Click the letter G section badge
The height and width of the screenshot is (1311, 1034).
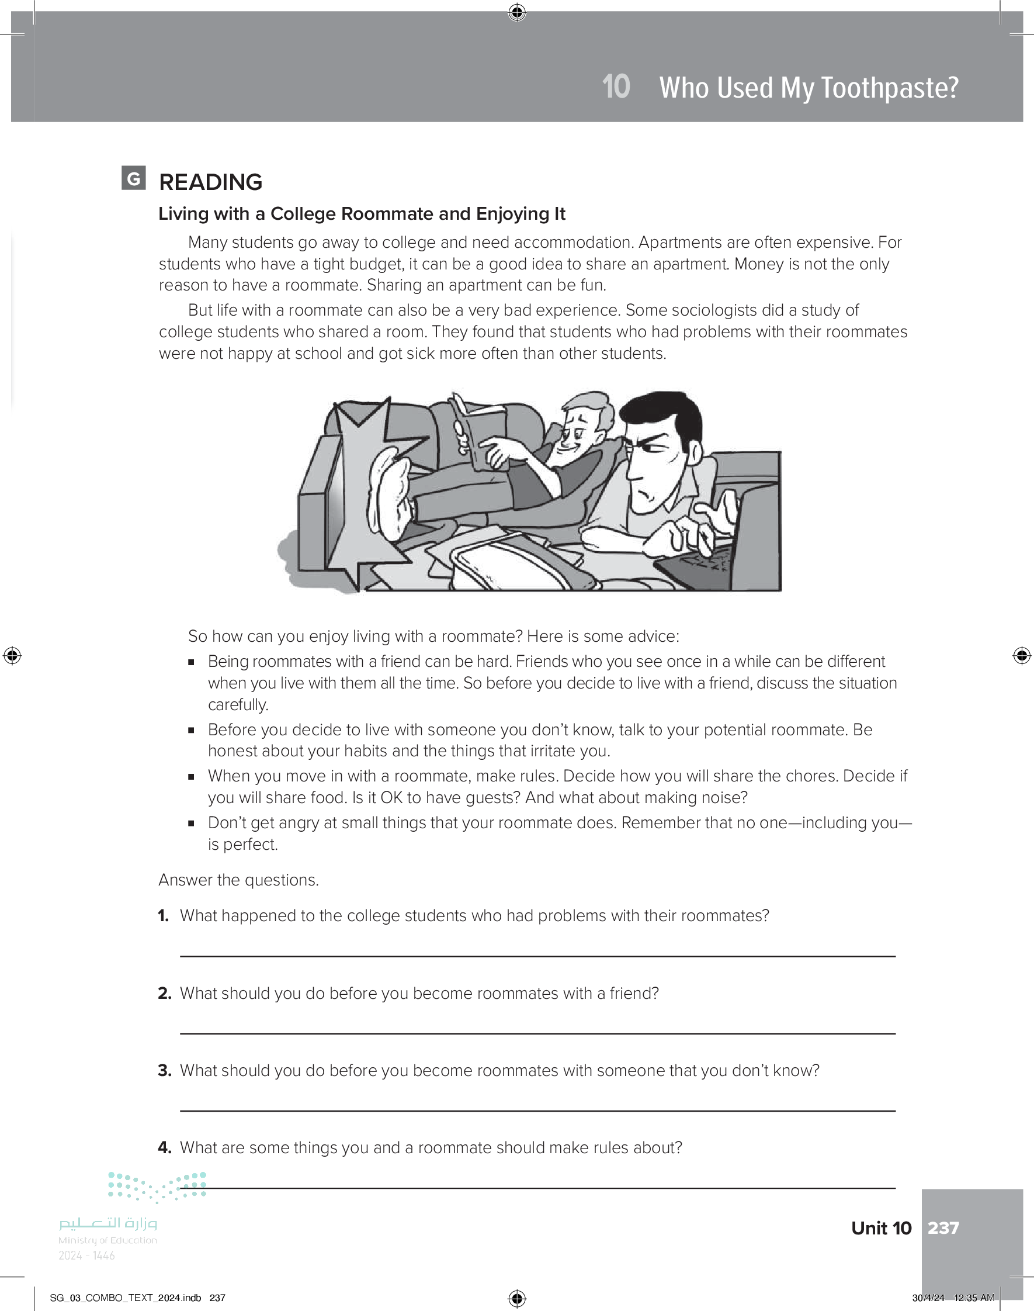pyautogui.click(x=133, y=178)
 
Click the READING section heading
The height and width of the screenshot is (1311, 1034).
pyautogui.click(x=210, y=182)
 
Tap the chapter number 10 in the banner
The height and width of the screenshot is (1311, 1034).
pyautogui.click(x=616, y=87)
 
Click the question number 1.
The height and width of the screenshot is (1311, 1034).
pyautogui.click(x=163, y=915)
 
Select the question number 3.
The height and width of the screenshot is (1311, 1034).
pyautogui.click(x=164, y=1071)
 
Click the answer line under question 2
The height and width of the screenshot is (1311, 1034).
pyautogui.click(x=537, y=1033)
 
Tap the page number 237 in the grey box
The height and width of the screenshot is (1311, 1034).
pyautogui.click(x=943, y=1227)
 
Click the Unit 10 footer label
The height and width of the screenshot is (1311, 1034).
pyautogui.click(x=881, y=1227)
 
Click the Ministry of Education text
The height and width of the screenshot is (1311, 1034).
pyautogui.click(x=107, y=1240)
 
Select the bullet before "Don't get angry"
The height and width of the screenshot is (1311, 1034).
pyautogui.click(x=191, y=823)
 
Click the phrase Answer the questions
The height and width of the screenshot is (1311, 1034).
pyautogui.click(x=238, y=880)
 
